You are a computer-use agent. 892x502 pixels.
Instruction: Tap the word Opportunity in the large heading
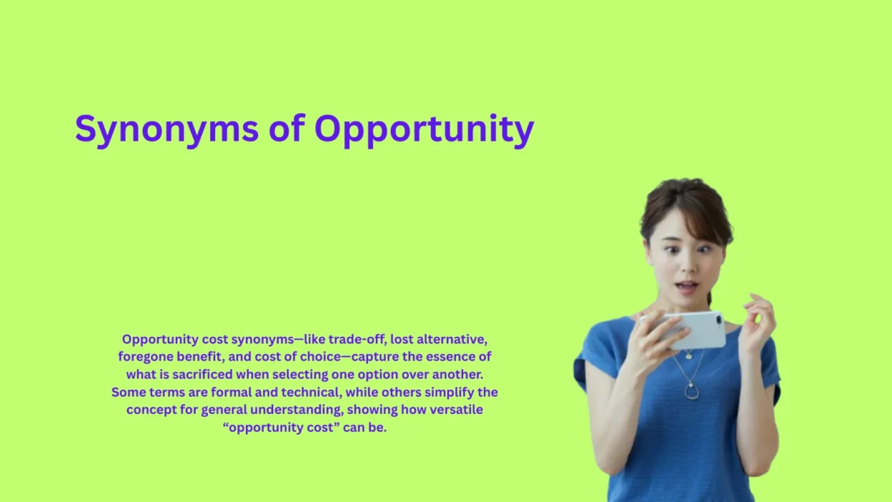tap(424, 130)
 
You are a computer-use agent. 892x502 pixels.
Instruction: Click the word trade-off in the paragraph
tap(355, 339)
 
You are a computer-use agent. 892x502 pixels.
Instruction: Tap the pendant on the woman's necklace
tap(691, 390)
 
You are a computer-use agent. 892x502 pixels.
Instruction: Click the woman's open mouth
tap(687, 287)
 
